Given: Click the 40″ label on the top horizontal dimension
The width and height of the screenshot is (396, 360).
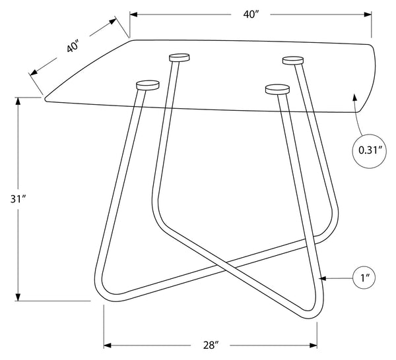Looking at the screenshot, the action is point(250,15).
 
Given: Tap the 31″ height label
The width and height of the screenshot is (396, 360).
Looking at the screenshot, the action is point(18,199).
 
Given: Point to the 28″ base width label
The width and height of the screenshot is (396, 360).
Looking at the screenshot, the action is point(211,345).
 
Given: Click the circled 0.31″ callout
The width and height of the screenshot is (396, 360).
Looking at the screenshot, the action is point(369,151).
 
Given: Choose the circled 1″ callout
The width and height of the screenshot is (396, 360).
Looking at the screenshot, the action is point(364,278).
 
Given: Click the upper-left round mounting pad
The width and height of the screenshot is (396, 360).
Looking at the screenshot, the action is point(180,57).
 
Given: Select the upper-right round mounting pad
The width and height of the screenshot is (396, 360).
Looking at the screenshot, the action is point(293,61).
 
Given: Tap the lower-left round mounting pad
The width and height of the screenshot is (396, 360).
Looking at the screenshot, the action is point(147,85).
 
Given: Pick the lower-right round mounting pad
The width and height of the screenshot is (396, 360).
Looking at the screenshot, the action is point(277,89).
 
